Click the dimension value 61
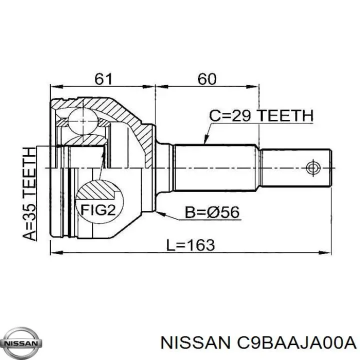point(103,79)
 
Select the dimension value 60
point(207,79)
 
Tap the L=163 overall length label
point(190,244)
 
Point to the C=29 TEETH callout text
point(261,115)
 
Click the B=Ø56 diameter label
point(212,212)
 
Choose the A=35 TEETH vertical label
point(29,193)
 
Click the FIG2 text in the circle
point(98,209)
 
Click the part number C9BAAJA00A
point(296,343)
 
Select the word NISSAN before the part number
point(195,343)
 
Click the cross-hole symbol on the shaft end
point(312,168)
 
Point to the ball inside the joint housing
point(82,121)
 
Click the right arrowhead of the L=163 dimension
point(325,252)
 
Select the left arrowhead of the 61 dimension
point(56,87)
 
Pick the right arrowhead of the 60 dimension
point(253,87)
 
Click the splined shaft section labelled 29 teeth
point(214,168)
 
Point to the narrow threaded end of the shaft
point(296,168)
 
